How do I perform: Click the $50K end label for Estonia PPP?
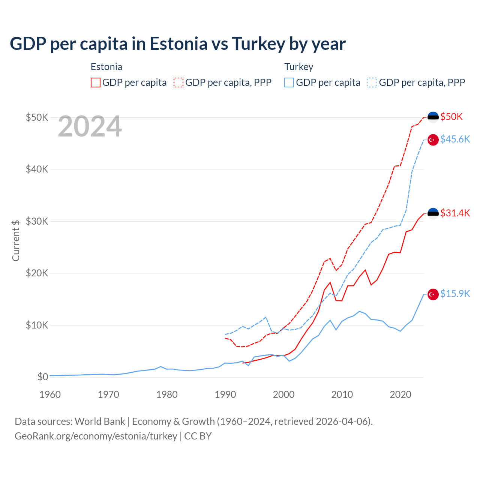[x=451, y=117]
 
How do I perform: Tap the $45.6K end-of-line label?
[x=455, y=139]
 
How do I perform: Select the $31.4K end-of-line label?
[x=455, y=213]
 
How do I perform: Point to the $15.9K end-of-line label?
[x=455, y=294]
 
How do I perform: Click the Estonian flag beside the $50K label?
[x=433, y=117]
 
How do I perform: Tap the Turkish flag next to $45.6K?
[x=433, y=139]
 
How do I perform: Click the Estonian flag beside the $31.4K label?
[x=433, y=213]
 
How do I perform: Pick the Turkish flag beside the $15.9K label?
[x=433, y=294]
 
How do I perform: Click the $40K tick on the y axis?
[x=37, y=169]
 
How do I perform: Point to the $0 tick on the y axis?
[x=43, y=377]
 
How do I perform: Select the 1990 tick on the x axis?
[x=225, y=394]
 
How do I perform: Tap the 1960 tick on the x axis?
[x=50, y=394]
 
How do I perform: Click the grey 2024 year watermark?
[x=90, y=126]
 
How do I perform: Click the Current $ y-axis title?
[x=16, y=240]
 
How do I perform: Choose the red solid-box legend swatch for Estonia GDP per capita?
[x=96, y=82]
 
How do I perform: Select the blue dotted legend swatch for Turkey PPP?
[x=372, y=82]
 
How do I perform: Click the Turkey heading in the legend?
[x=298, y=67]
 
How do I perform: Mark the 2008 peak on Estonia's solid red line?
[x=330, y=282]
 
